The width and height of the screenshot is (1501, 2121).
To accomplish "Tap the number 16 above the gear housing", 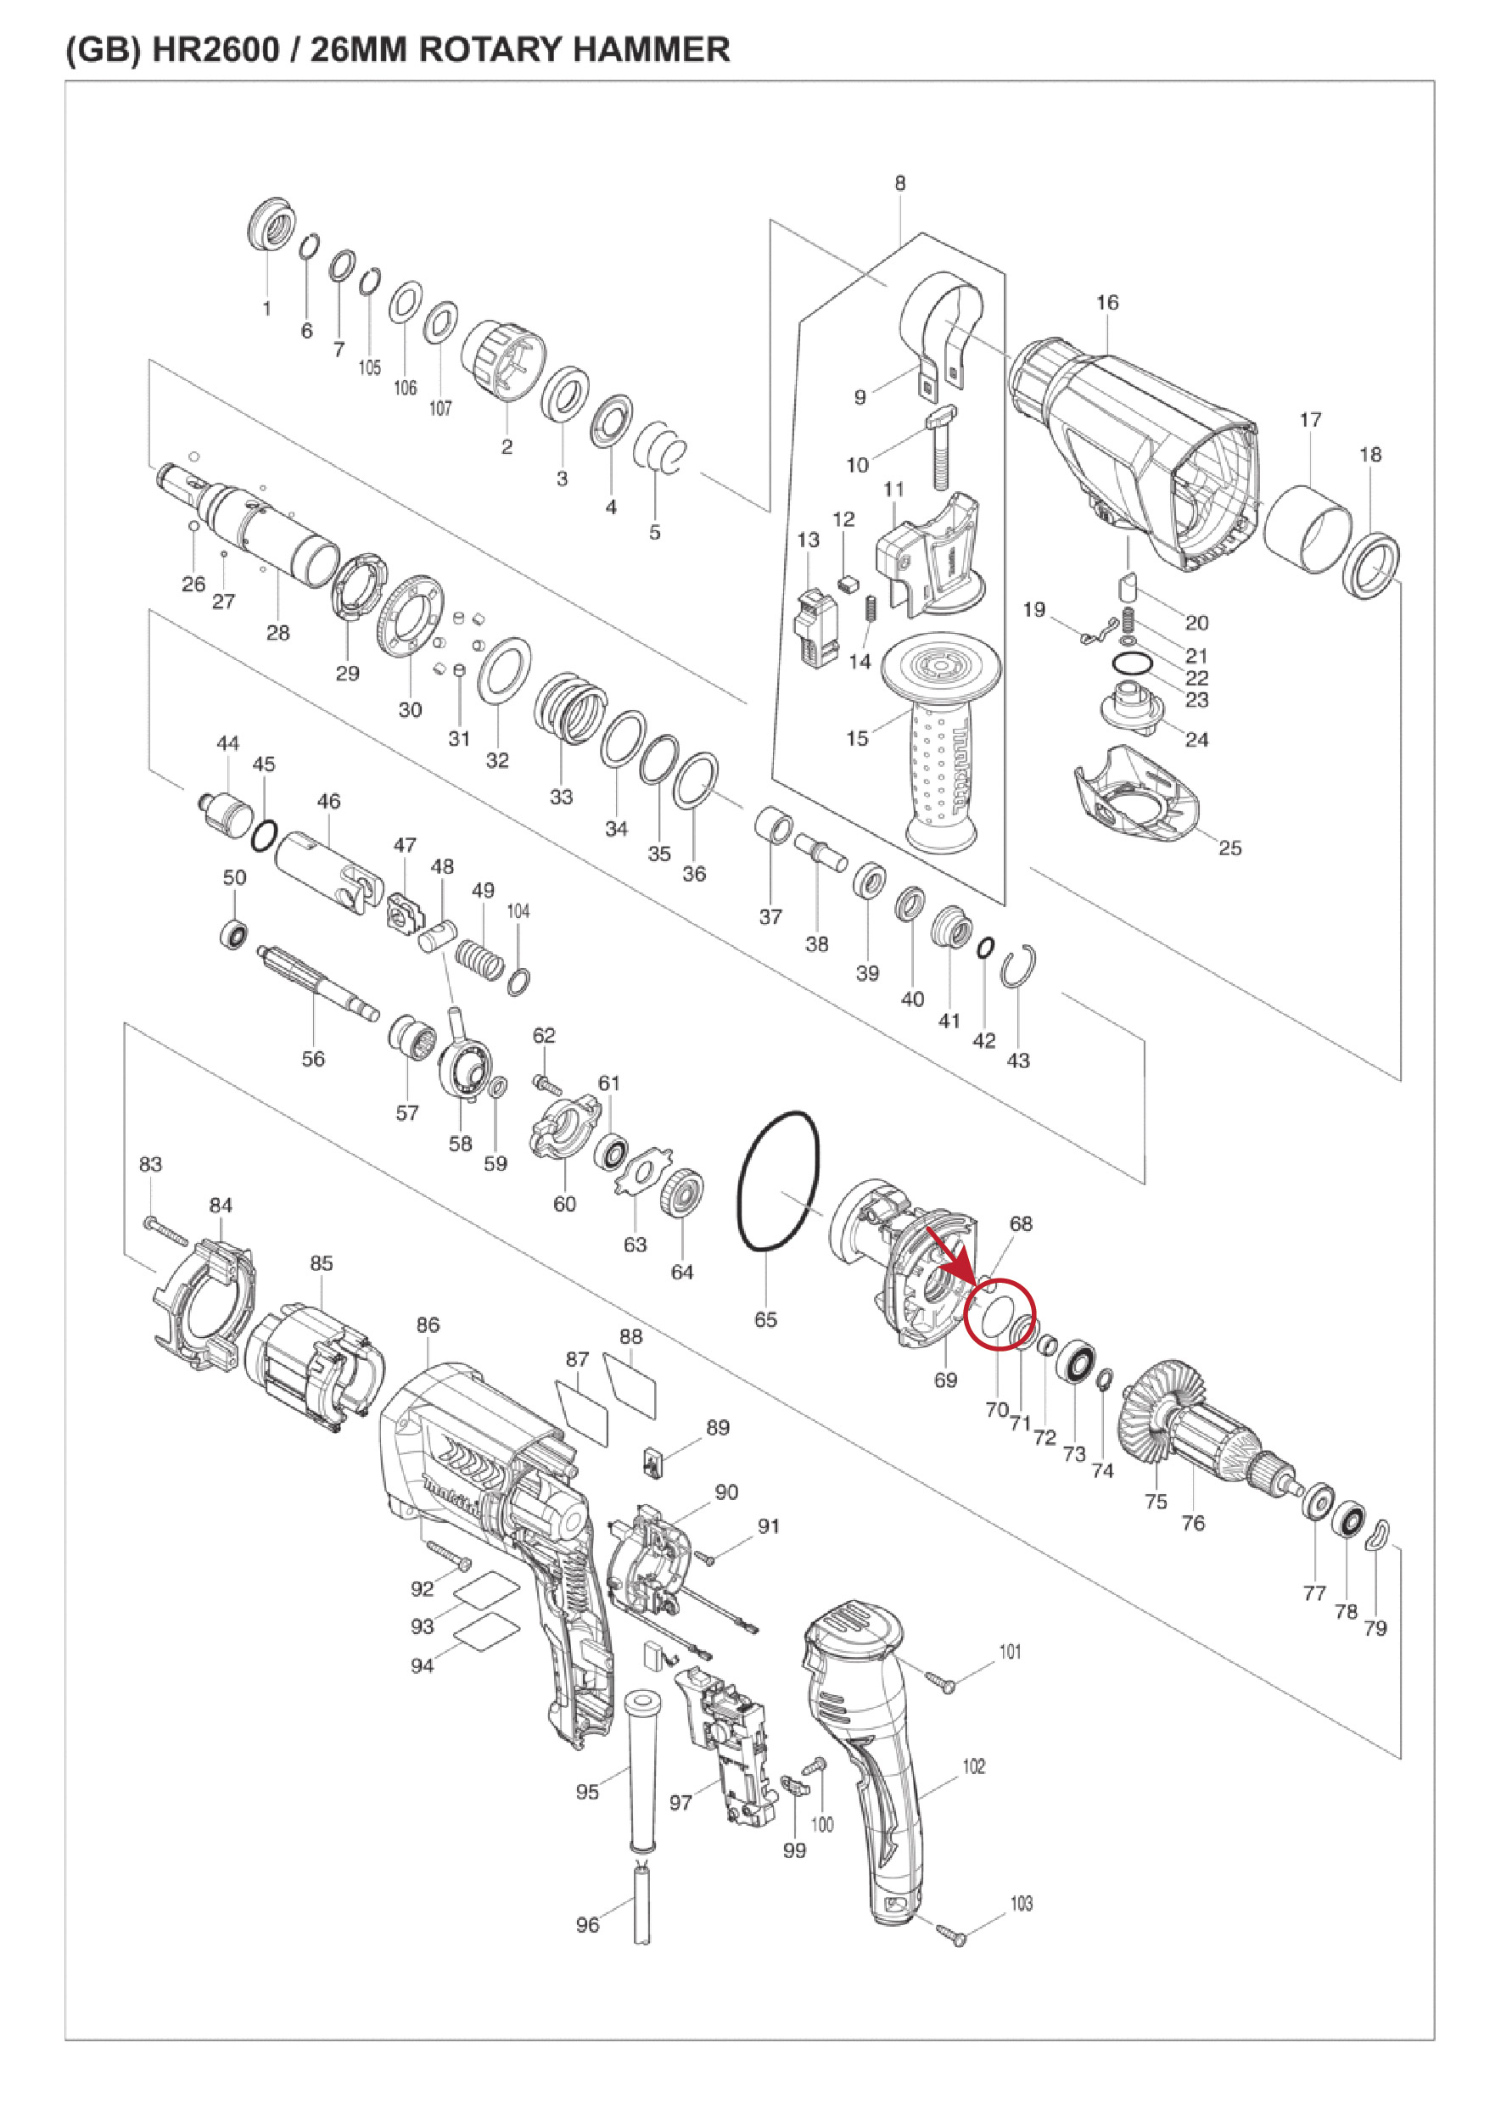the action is coord(1107,302).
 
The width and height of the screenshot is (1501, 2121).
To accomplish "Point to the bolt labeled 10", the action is coord(942,447).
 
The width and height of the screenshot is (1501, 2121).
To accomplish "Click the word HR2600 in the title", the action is coord(215,49).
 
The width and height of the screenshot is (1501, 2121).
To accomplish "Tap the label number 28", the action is coord(277,633).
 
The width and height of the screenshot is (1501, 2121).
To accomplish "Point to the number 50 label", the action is coord(235,877).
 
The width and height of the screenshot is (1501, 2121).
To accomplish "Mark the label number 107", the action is coord(441,407).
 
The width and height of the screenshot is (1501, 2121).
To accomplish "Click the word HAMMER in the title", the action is coord(652,49).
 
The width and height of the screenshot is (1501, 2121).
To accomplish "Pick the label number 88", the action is coord(631,1336).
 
